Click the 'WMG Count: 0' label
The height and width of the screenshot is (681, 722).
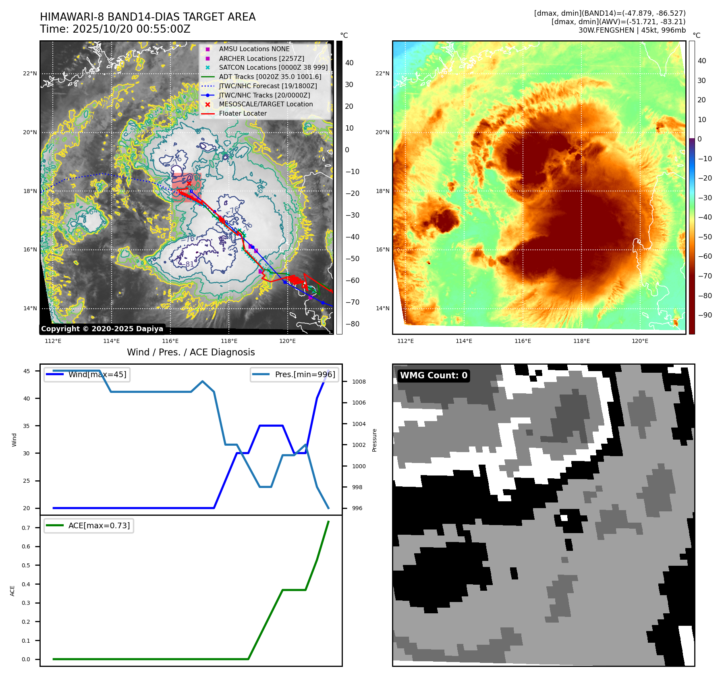pos(434,376)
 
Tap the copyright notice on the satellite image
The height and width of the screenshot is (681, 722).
pos(102,329)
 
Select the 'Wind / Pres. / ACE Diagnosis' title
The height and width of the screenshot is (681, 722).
pos(191,352)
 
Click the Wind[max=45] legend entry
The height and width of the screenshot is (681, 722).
pos(97,374)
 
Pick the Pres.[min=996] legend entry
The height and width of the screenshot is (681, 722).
pos(305,374)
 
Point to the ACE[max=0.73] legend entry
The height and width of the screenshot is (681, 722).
pos(99,525)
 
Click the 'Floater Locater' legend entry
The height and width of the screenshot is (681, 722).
pos(243,114)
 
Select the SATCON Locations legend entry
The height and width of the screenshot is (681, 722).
pos(273,68)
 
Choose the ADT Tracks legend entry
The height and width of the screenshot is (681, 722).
pos(270,77)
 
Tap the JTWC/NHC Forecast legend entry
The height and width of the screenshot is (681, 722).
pos(268,86)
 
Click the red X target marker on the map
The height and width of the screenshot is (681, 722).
pos(189,183)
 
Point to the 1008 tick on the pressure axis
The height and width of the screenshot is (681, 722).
pos(359,382)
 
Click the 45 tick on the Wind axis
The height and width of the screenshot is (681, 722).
pos(27,371)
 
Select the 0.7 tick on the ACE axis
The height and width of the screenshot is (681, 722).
pos(26,528)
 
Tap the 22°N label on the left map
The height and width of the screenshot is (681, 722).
pos(30,73)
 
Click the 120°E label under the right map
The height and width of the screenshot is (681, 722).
pos(640,341)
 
